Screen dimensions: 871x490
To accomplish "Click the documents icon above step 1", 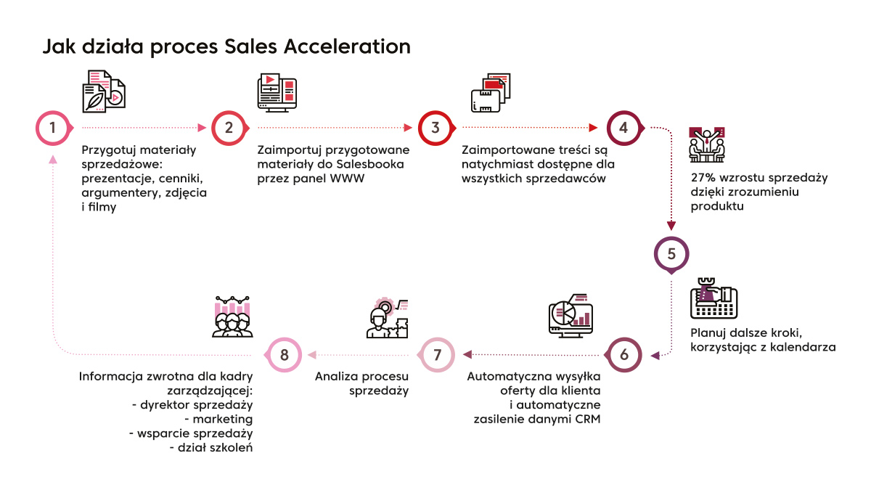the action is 104,91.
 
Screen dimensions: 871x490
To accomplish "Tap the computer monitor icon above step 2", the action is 277,93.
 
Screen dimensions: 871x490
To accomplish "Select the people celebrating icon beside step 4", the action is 707,144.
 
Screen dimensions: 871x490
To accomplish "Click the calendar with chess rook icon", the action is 714,298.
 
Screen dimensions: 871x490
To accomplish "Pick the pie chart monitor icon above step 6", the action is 571,316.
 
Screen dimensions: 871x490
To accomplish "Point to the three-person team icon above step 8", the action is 232,317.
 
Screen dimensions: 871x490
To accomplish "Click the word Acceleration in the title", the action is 347,46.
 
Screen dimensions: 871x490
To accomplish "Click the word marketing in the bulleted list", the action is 222,420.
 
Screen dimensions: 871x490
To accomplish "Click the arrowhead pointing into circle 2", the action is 203,128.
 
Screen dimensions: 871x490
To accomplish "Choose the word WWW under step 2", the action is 347,179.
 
